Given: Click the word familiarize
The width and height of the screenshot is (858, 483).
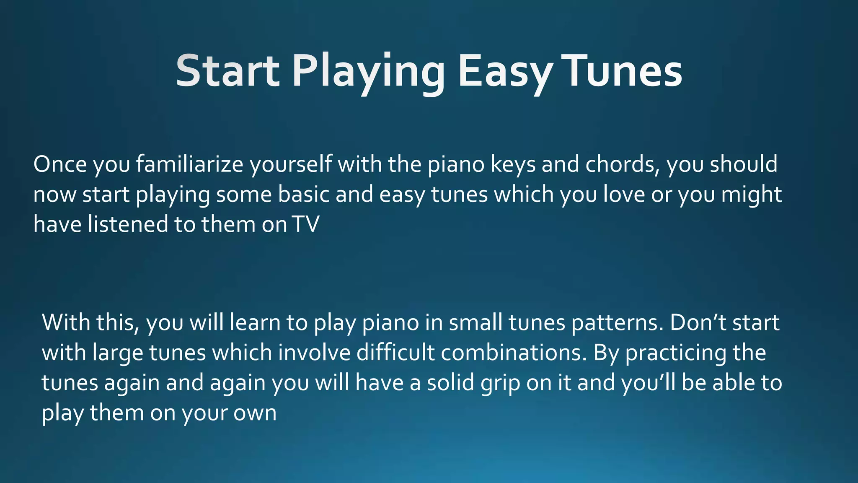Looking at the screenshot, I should (x=189, y=164).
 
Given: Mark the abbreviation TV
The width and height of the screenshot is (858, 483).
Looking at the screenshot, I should (x=306, y=224).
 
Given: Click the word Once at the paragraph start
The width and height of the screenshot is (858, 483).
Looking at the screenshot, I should (x=60, y=164).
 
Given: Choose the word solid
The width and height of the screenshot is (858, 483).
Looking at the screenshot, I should (x=450, y=382).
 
